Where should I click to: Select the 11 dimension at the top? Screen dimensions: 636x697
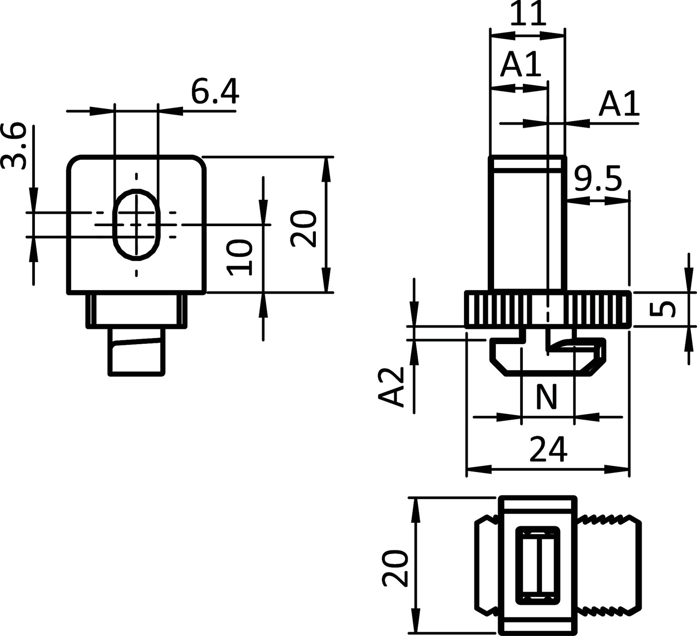click(528, 15)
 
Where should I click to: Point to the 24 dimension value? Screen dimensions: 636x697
click(548, 449)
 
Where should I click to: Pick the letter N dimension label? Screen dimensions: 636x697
click(546, 397)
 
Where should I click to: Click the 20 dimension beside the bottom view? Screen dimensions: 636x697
click(395, 568)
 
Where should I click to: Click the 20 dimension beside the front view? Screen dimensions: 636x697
click(304, 229)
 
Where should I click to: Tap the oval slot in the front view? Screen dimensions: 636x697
click(137, 224)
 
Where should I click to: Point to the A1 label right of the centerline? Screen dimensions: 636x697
click(619, 104)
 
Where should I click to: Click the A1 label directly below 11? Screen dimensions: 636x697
click(521, 65)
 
